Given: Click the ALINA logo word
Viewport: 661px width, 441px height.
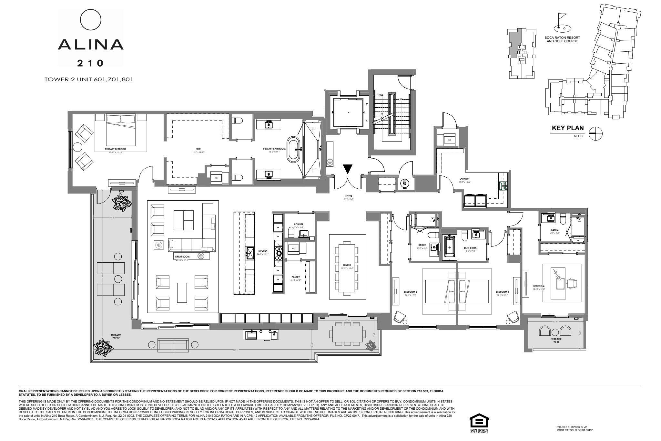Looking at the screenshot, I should (x=91, y=44).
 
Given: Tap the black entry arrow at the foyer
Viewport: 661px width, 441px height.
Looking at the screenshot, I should (x=348, y=169).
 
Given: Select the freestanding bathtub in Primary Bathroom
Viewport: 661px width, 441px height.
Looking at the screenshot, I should (x=293, y=150).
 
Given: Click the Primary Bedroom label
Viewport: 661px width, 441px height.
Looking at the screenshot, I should (x=115, y=149).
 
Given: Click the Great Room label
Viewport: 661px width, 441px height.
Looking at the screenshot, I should (x=182, y=257).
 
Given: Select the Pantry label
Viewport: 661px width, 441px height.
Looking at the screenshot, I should (x=295, y=277).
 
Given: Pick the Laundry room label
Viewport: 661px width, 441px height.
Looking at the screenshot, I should (x=464, y=179).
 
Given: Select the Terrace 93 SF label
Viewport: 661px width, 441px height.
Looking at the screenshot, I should (x=556, y=340).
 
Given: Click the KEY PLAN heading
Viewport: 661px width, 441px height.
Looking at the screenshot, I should (x=568, y=128).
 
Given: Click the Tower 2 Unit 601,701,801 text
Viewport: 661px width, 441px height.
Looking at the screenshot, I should (x=88, y=79).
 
